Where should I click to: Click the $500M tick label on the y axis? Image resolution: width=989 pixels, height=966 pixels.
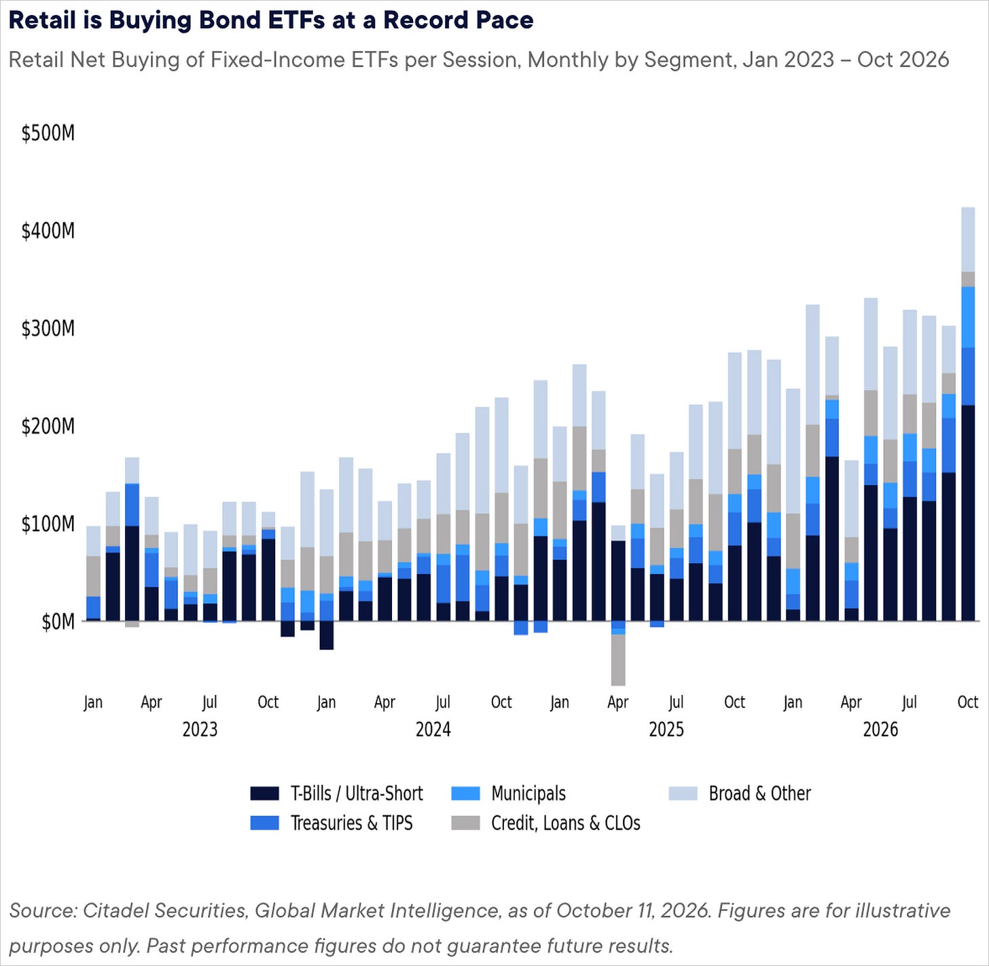tap(48, 133)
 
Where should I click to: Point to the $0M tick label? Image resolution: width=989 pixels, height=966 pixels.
tap(58, 622)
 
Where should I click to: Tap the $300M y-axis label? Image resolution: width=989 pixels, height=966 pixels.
tap(48, 328)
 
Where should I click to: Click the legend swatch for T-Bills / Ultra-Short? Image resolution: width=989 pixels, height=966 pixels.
tap(264, 793)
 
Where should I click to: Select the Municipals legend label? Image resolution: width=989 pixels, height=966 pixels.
tap(528, 793)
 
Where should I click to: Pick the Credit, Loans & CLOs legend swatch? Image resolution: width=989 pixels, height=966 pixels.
tap(465, 823)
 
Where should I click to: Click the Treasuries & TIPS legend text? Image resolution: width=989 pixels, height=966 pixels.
tap(351, 823)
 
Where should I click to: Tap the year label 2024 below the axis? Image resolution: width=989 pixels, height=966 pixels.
tap(433, 730)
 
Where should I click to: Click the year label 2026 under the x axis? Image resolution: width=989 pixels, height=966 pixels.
tap(881, 730)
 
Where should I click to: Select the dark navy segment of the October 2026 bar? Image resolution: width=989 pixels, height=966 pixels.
tap(968, 513)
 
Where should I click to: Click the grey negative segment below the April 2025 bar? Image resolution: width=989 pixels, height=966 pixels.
tap(619, 660)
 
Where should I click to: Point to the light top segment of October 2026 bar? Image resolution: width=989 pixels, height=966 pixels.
tap(968, 239)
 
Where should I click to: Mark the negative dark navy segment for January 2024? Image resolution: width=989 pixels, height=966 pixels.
tap(327, 635)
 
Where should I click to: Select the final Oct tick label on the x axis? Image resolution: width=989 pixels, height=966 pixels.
tap(968, 702)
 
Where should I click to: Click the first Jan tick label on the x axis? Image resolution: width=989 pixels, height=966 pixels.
tap(93, 702)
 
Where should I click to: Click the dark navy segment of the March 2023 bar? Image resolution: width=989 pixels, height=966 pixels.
tap(132, 573)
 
